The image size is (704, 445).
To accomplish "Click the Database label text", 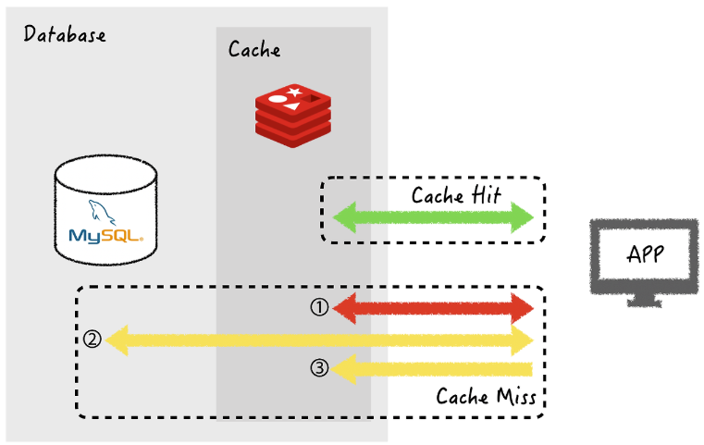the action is tap(65, 34).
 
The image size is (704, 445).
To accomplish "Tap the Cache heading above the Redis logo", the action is tap(254, 49).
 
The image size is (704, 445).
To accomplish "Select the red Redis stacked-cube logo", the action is tap(293, 116).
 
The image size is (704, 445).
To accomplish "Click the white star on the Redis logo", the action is tap(294, 93).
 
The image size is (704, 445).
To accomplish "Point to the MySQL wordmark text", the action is tap(106, 236).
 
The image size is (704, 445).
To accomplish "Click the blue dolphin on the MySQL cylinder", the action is tap(102, 212).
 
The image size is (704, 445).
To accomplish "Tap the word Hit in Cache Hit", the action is tap(486, 195).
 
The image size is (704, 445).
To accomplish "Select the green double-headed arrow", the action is tap(433, 217).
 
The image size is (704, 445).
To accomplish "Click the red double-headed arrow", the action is tap(433, 308).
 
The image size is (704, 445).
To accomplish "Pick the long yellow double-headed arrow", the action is tap(319, 340).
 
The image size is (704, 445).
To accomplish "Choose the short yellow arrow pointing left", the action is tap(431, 369).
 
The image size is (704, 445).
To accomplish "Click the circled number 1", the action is tap(319, 307).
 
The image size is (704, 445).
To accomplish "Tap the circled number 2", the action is tap(92, 339).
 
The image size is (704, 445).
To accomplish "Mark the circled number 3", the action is tap(319, 368).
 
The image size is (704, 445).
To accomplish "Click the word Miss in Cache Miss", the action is tap(517, 397).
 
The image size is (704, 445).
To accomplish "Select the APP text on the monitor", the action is tap(645, 254).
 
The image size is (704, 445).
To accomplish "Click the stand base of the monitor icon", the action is tap(645, 303).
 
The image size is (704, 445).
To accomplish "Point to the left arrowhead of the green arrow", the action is tap(344, 217).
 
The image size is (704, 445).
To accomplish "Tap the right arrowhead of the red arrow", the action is tap(522, 308).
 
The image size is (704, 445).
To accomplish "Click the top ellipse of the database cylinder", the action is tap(106, 174).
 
